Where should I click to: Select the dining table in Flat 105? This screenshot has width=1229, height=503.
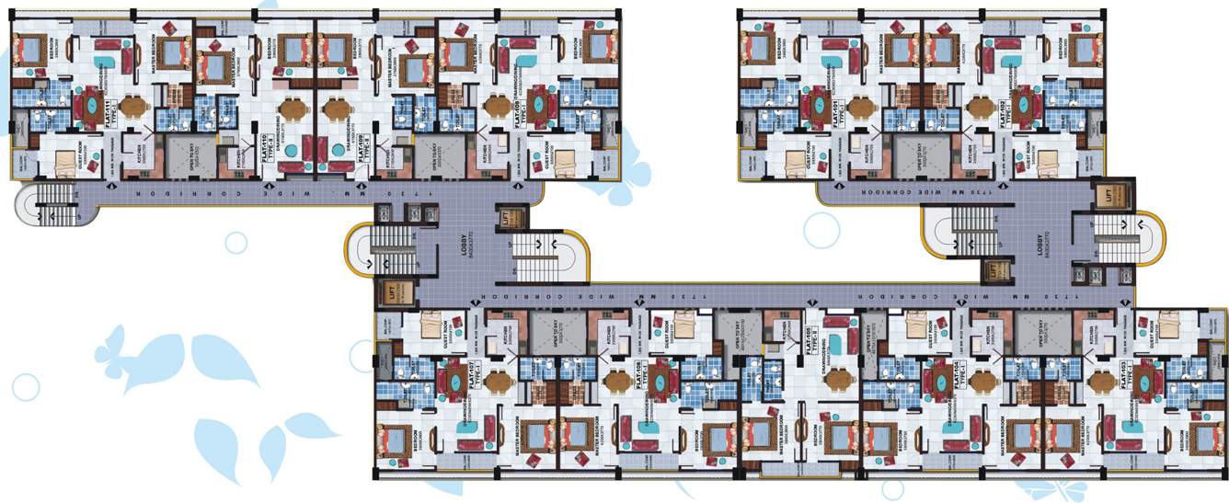(x=836, y=379)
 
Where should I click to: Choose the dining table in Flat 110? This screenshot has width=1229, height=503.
(x=292, y=109)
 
